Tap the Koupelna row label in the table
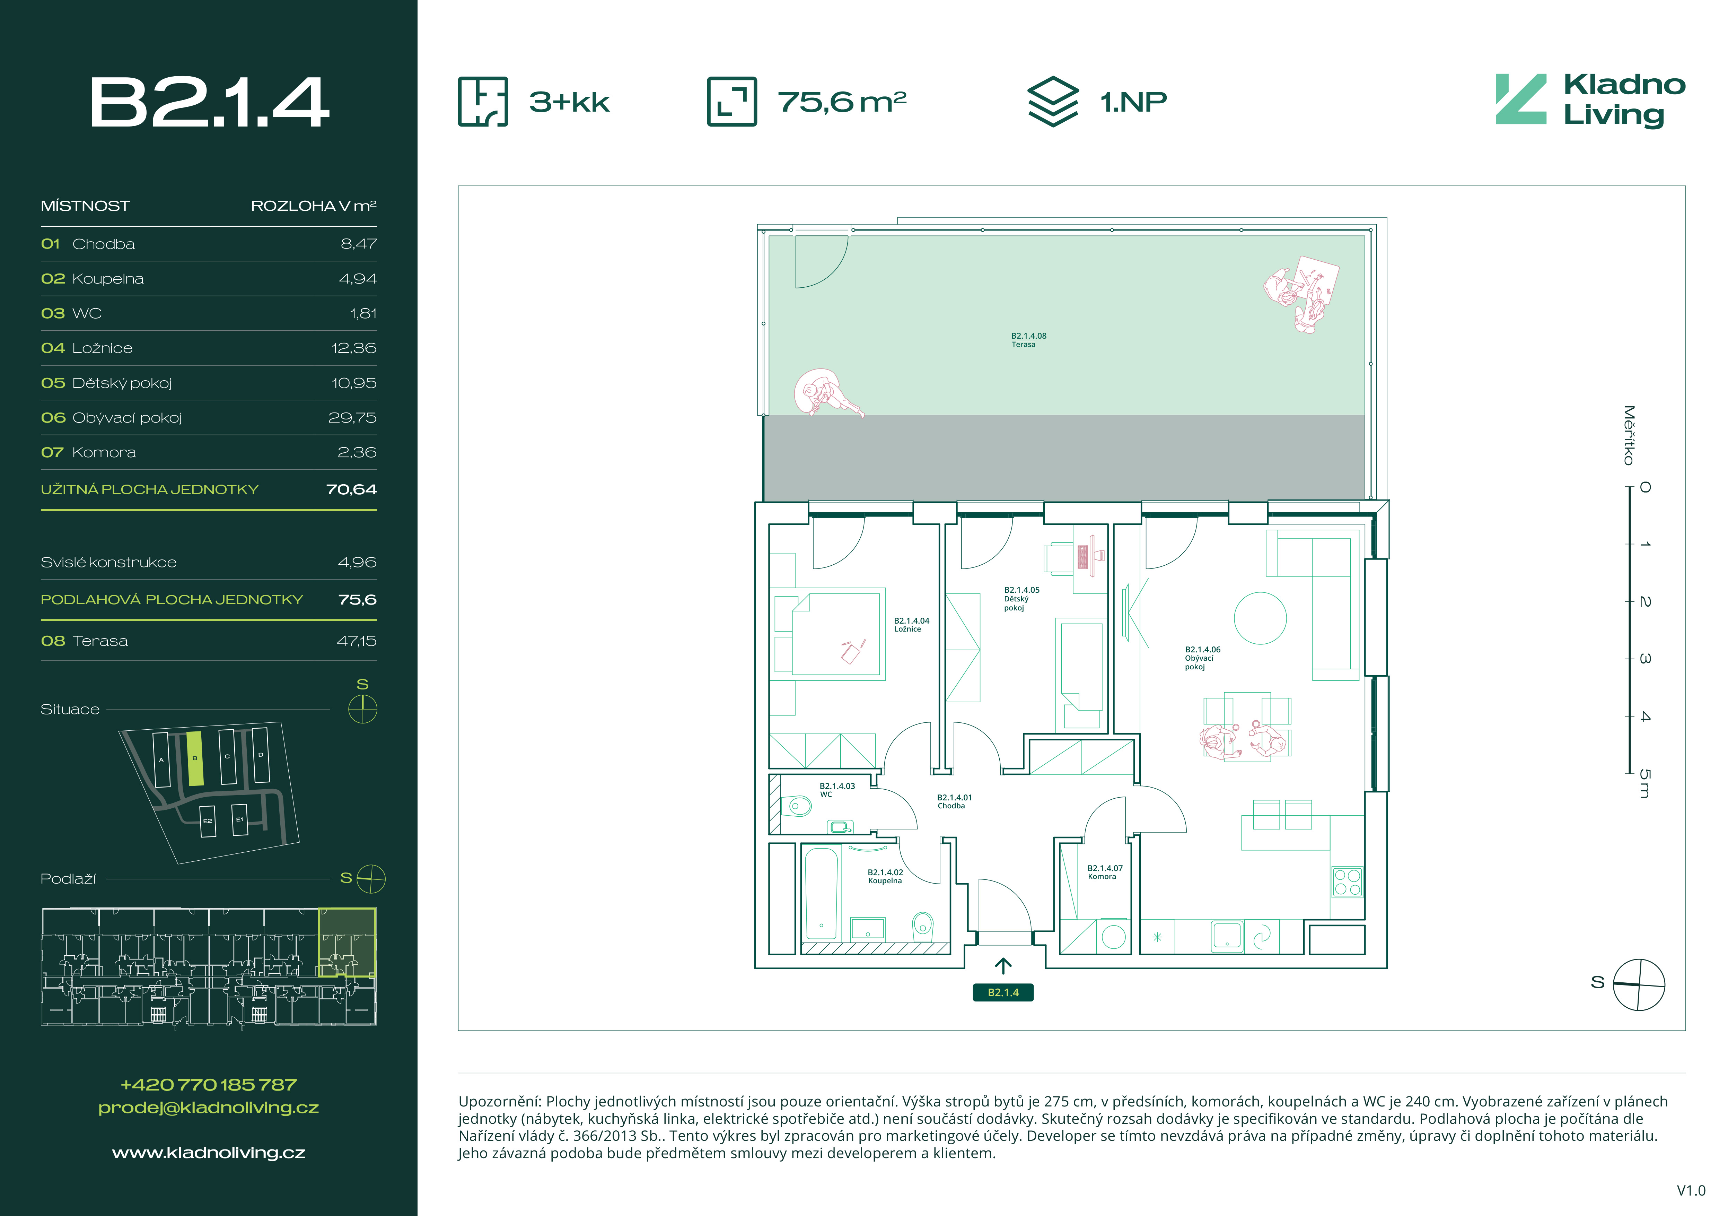108,279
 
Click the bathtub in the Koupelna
821,893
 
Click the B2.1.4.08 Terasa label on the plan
1028,340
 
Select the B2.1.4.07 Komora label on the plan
1104,872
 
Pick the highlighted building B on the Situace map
195,758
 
